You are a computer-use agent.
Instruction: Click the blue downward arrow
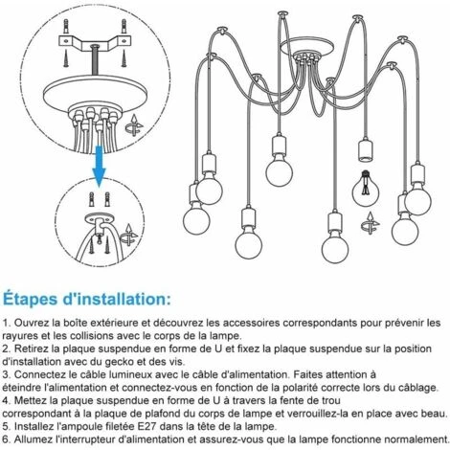99,166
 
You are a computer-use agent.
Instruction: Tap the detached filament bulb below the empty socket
366,190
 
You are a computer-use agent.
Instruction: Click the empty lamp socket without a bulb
366,150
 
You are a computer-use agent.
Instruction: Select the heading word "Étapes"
31,300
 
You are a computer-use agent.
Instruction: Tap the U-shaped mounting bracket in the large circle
95,42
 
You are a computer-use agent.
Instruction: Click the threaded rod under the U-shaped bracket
95,60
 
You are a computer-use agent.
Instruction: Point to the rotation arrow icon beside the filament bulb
371,223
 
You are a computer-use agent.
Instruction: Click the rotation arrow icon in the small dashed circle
128,235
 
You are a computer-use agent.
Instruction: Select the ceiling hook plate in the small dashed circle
100,220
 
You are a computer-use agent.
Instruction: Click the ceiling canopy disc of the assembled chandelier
307,47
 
